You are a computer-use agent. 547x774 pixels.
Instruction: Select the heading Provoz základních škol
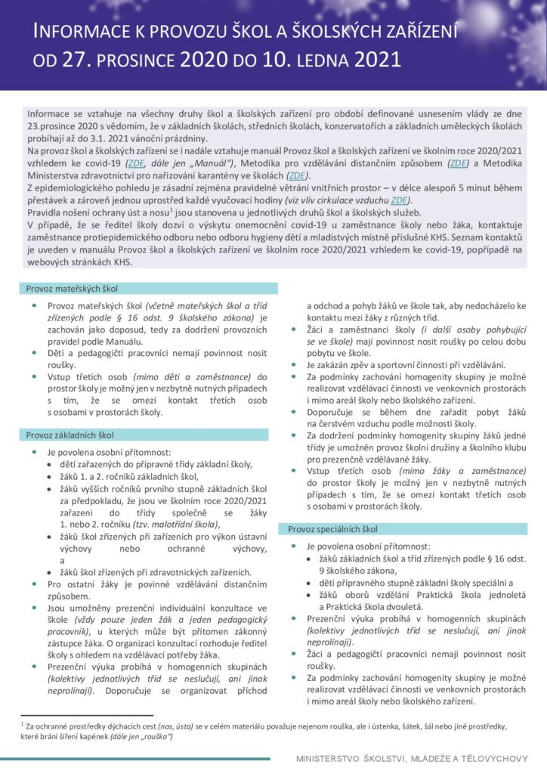70,435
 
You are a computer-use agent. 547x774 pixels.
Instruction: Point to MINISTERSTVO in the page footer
332,758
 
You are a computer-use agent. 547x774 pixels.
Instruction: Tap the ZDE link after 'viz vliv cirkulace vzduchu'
399,200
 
